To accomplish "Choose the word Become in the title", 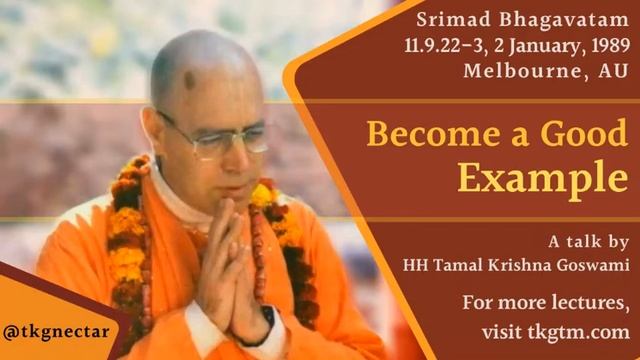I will pyautogui.click(x=415, y=132).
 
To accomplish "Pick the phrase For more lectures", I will pyautogui.click(x=546, y=302).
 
